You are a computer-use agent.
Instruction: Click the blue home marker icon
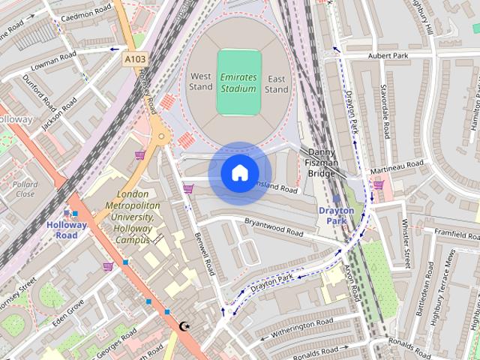click(x=239, y=173)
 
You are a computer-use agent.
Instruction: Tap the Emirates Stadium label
click(x=238, y=82)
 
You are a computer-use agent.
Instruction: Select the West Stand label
click(x=201, y=82)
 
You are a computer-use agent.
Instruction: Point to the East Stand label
click(x=276, y=84)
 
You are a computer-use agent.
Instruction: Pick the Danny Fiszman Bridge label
click(x=322, y=163)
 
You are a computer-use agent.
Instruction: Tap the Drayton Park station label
click(x=336, y=216)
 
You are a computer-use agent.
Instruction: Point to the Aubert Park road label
click(x=387, y=55)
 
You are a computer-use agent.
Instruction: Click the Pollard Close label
click(x=25, y=189)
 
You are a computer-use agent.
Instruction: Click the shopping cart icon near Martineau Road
click(x=378, y=184)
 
